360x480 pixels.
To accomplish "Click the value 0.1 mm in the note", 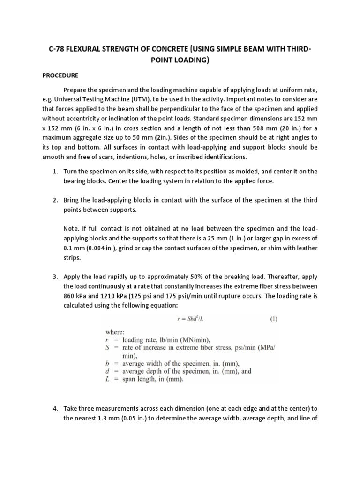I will coord(74,248).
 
